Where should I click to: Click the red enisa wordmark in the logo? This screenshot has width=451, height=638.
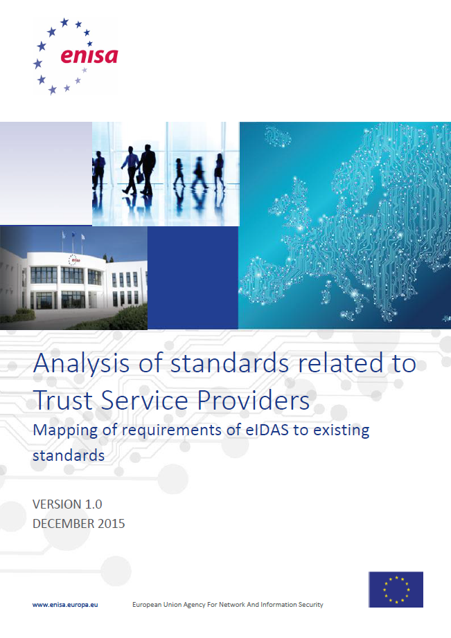(89, 56)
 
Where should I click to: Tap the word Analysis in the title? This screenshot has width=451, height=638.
(82, 363)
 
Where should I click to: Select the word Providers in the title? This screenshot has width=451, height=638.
(254, 400)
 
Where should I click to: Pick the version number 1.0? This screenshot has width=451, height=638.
(94, 504)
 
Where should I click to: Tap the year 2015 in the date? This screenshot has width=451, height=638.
(112, 523)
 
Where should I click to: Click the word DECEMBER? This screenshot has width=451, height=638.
(64, 523)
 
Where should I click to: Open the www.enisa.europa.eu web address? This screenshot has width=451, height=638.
(65, 605)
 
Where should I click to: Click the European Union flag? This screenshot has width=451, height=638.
(396, 589)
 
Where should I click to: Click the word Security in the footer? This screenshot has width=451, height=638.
(310, 605)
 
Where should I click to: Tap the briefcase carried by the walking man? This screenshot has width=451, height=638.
(140, 176)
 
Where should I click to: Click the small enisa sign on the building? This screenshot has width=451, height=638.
(73, 259)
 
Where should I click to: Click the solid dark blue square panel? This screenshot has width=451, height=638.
(193, 277)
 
